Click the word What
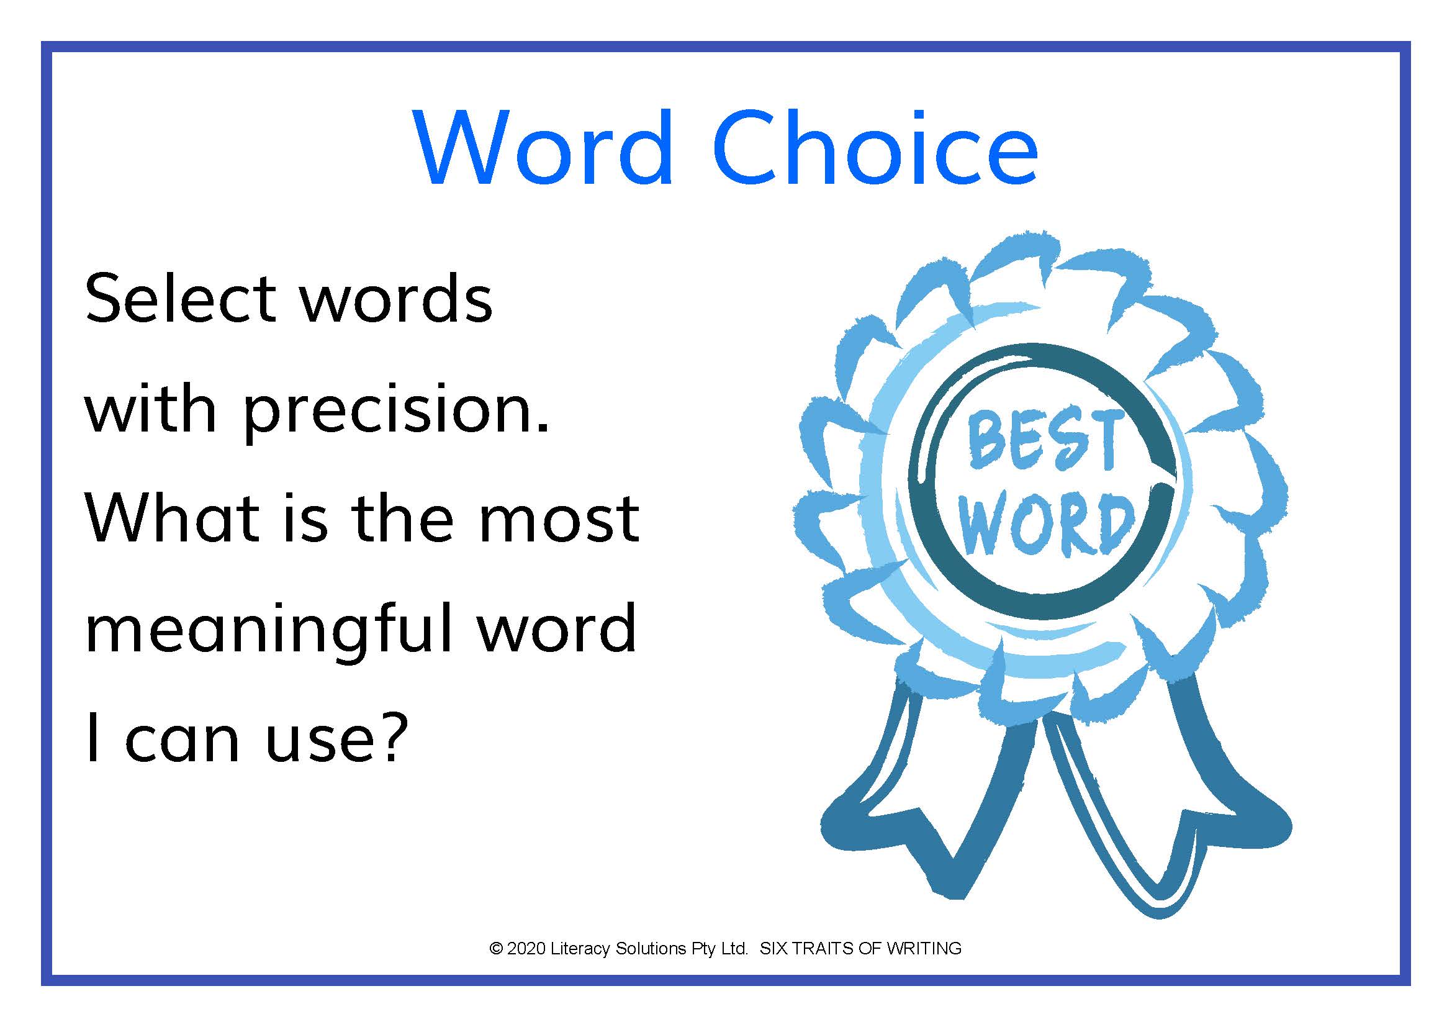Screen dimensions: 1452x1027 click(x=172, y=518)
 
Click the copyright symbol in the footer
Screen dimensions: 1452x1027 click(x=497, y=949)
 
